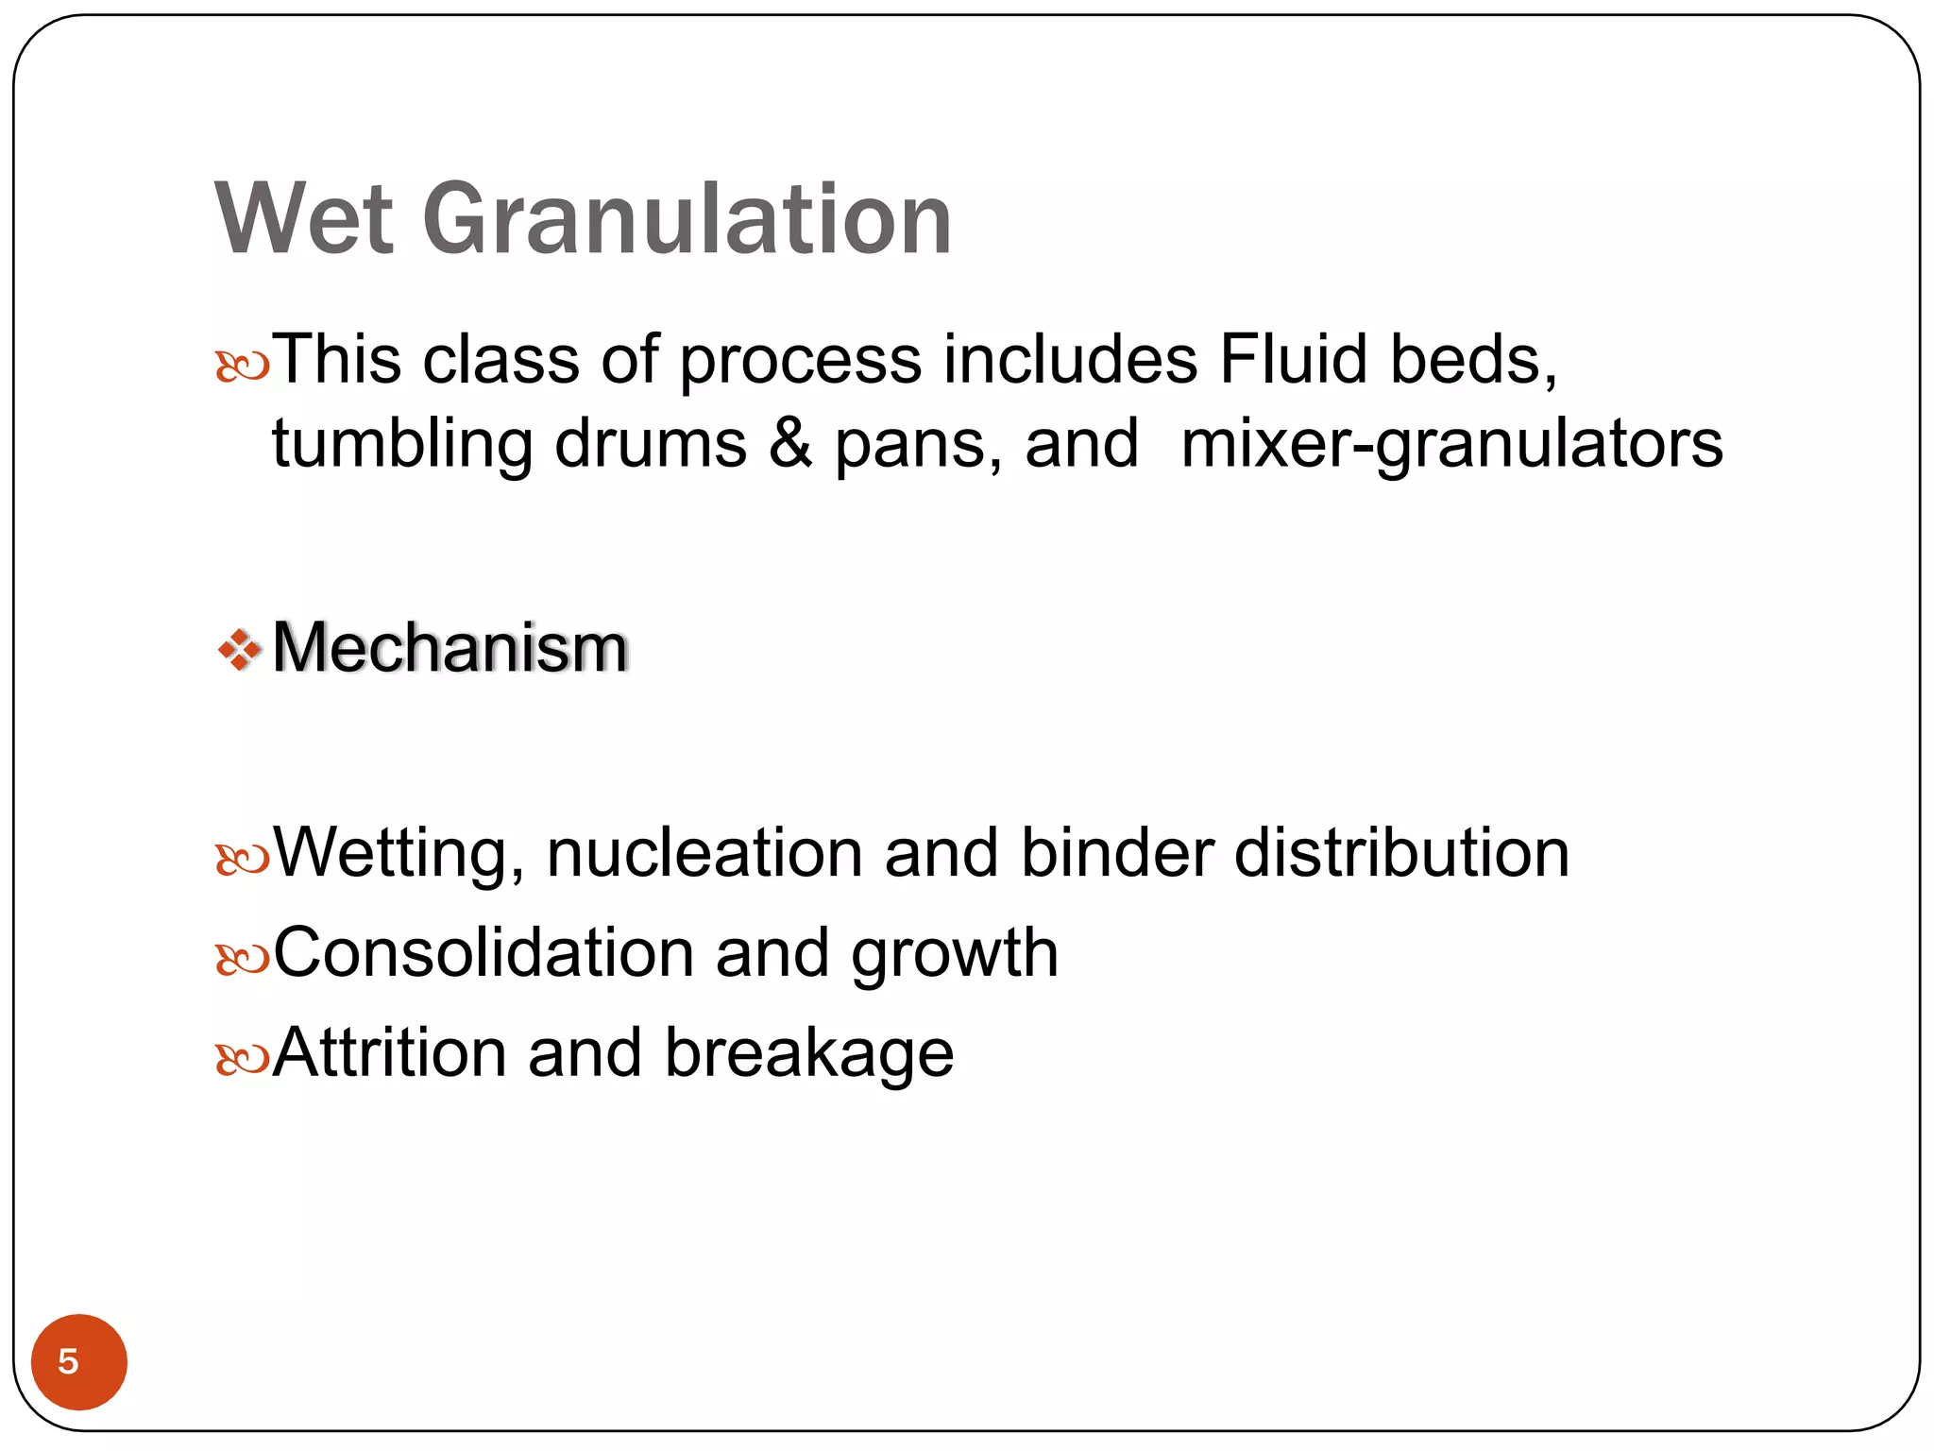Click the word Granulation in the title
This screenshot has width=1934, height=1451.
pyautogui.click(x=687, y=219)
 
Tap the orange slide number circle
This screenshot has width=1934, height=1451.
pyautogui.click(x=78, y=1361)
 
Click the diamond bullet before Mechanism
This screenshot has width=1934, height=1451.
pyautogui.click(x=240, y=650)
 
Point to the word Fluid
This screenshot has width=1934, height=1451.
pyautogui.click(x=1294, y=360)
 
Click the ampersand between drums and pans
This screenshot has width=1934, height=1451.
pyautogui.click(x=790, y=443)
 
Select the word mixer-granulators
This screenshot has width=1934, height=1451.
pyautogui.click(x=1451, y=444)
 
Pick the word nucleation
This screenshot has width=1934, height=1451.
pyautogui.click(x=704, y=854)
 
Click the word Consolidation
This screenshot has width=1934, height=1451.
pyautogui.click(x=483, y=953)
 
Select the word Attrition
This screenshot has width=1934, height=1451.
pyautogui.click(x=390, y=1052)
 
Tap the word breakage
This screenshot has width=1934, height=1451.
pyautogui.click(x=809, y=1054)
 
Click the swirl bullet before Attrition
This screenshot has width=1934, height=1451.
pyautogui.click(x=242, y=1060)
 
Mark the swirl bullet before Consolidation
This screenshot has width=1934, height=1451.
pyautogui.click(x=242, y=960)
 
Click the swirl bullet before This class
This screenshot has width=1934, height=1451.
pyautogui.click(x=242, y=367)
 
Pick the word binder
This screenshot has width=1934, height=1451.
pyautogui.click(x=1117, y=853)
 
